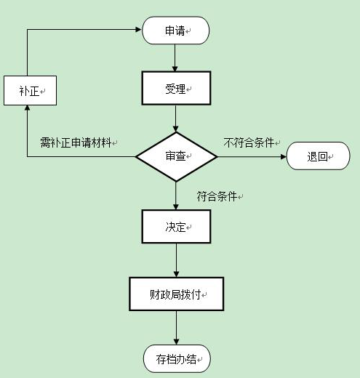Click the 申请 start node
click(175, 31)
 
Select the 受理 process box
click(176, 88)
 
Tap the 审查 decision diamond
click(176, 157)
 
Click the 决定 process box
click(176, 226)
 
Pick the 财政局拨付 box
click(176, 294)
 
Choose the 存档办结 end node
click(177, 358)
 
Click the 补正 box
click(30, 90)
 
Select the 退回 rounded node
click(318, 156)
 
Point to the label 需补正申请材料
click(76, 142)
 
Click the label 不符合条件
click(249, 142)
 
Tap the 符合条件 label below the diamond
click(217, 196)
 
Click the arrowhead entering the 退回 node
click(284, 157)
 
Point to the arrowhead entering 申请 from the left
click(139, 30)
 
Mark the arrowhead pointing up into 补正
click(28, 108)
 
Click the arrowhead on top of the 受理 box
click(175, 68)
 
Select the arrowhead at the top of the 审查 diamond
click(176, 129)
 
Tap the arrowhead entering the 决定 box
click(176, 206)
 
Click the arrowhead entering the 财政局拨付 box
click(176, 274)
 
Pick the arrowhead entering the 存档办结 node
click(176, 342)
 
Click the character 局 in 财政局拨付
click(175, 294)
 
